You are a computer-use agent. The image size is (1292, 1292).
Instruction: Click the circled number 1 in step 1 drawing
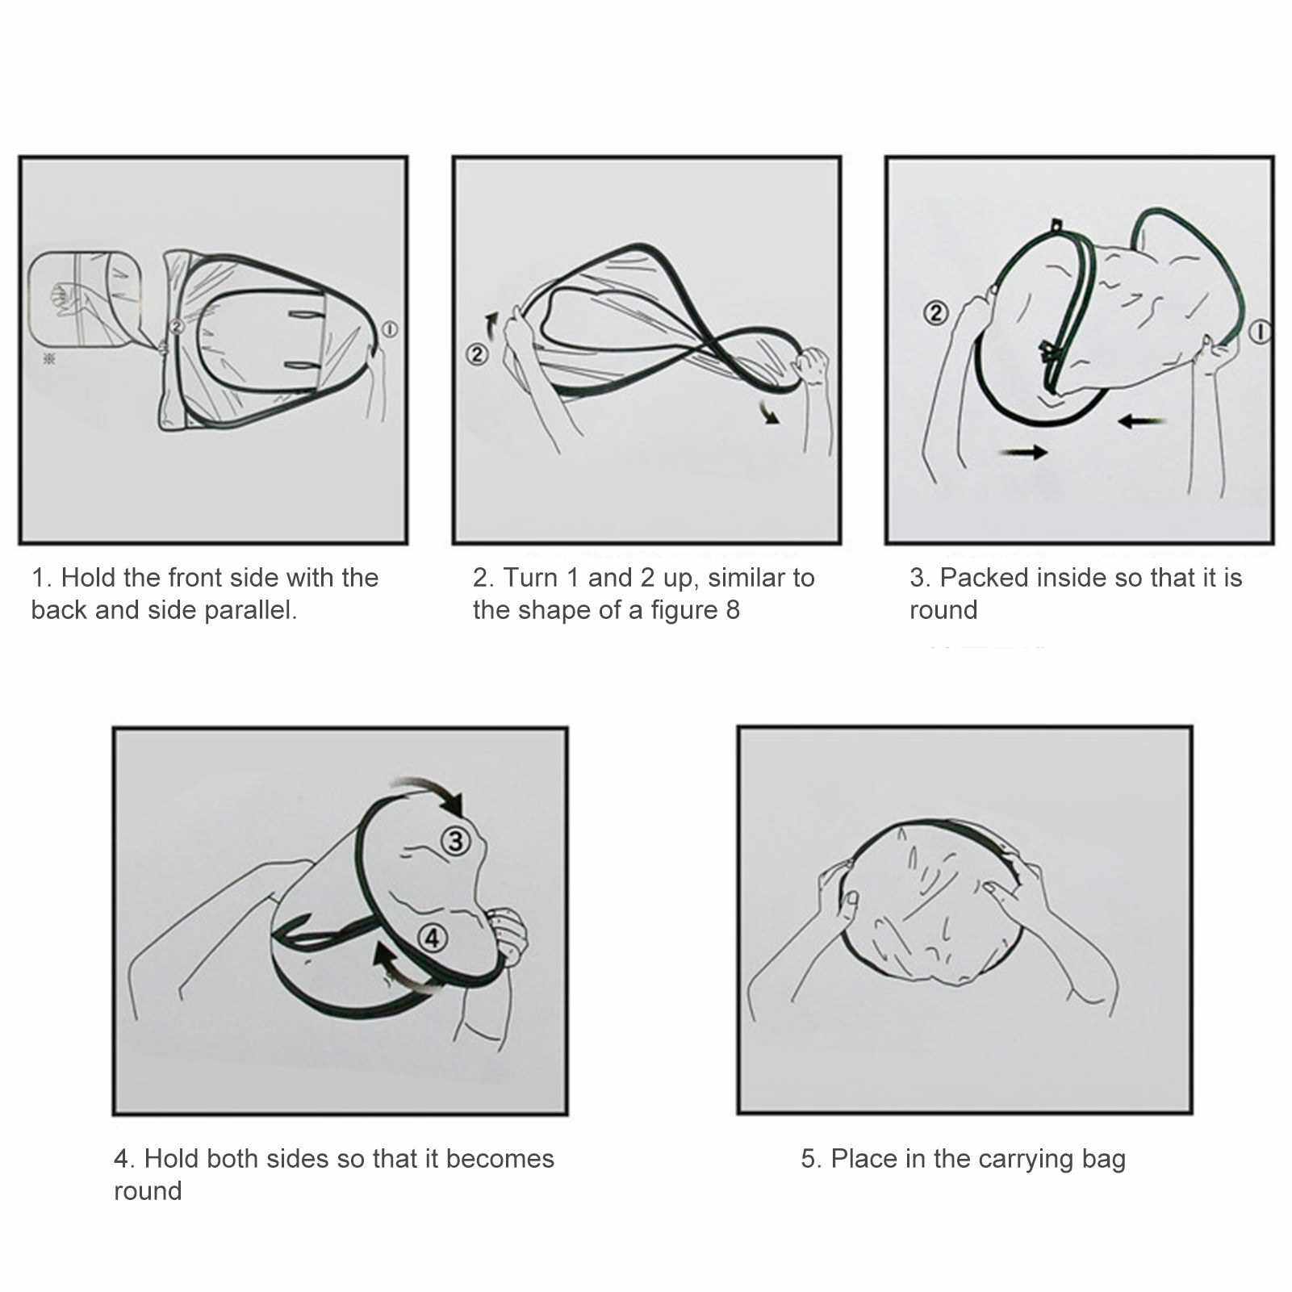tap(390, 328)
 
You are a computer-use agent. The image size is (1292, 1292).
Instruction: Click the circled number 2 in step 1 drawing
tap(177, 327)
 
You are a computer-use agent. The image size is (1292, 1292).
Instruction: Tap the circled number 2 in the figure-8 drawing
tap(478, 353)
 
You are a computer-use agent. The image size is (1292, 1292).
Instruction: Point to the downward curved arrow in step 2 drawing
tap(769, 412)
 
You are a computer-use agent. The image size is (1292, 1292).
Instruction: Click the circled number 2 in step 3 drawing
tap(935, 312)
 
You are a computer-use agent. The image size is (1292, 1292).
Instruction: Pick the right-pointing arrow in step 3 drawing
tap(1023, 453)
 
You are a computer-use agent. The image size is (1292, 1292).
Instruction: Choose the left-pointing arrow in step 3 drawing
tap(1143, 420)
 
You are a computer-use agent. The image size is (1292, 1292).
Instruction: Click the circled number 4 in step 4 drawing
tap(433, 938)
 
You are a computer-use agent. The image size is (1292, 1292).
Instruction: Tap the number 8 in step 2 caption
tap(732, 610)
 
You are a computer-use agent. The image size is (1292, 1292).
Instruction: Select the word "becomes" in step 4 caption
tap(500, 1159)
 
